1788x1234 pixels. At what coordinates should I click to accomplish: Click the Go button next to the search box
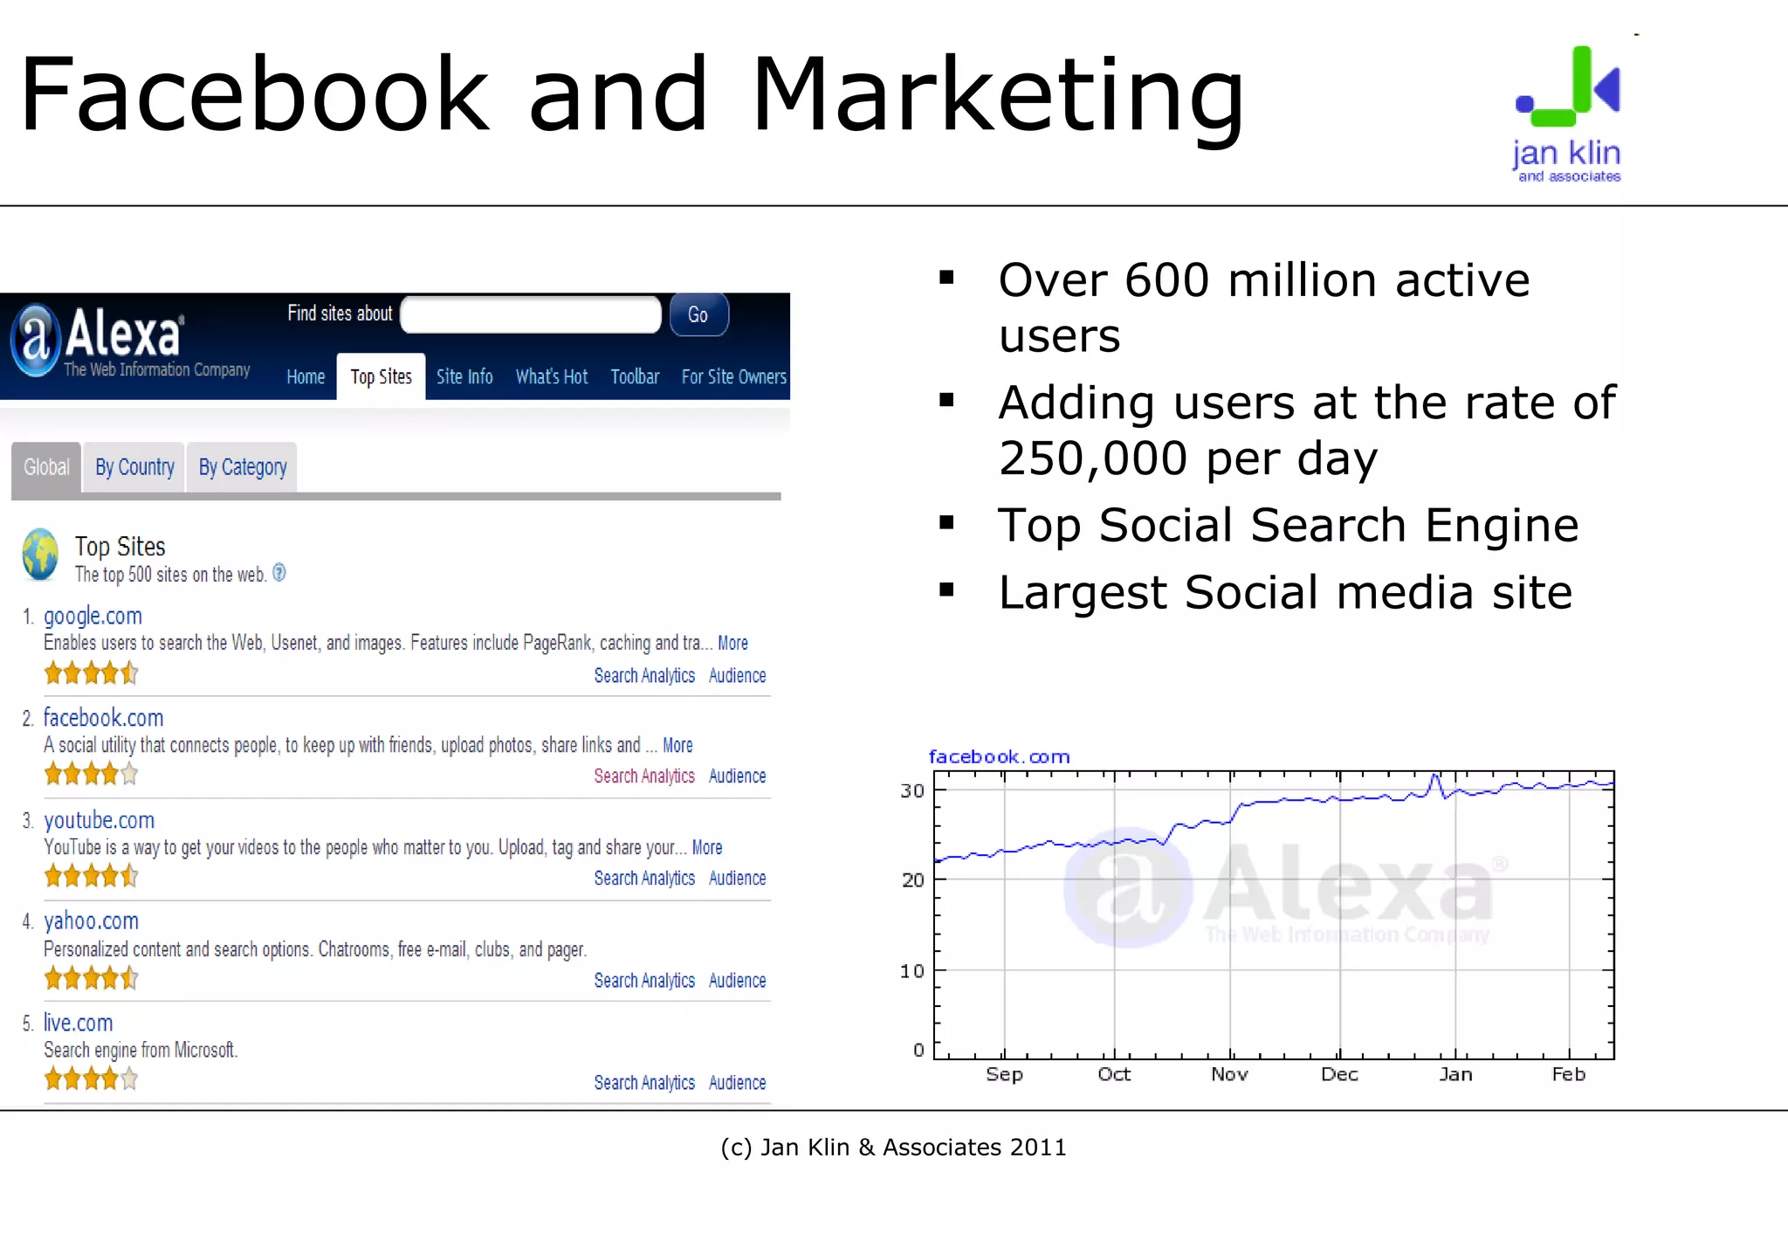coord(698,315)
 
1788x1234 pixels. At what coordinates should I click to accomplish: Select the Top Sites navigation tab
coord(381,376)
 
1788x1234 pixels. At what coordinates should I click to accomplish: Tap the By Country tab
coord(134,467)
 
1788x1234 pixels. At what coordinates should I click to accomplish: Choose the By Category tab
coord(243,467)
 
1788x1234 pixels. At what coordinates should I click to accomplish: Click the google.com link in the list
coord(93,616)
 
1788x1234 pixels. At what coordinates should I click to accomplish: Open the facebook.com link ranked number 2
coord(103,718)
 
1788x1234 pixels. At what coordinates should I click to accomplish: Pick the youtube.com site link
coord(99,820)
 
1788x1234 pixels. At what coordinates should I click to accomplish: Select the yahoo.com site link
coord(91,920)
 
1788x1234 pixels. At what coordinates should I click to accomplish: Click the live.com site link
coord(78,1023)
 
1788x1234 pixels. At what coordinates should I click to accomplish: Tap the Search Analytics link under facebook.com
coord(644,776)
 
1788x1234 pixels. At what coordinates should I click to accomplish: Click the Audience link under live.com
coord(737,1083)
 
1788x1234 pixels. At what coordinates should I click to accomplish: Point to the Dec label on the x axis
coord(1339,1074)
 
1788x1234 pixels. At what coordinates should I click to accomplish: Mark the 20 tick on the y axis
coord(912,879)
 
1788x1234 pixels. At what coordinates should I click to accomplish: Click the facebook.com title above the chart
coord(999,756)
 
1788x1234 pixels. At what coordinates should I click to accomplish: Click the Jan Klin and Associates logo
coord(1567,114)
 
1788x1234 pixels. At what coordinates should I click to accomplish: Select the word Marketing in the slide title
coord(997,94)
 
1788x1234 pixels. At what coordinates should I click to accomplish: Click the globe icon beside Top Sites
coord(40,555)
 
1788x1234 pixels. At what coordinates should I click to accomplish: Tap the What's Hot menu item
coord(551,376)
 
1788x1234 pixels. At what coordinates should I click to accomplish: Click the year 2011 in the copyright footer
coord(1038,1148)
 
